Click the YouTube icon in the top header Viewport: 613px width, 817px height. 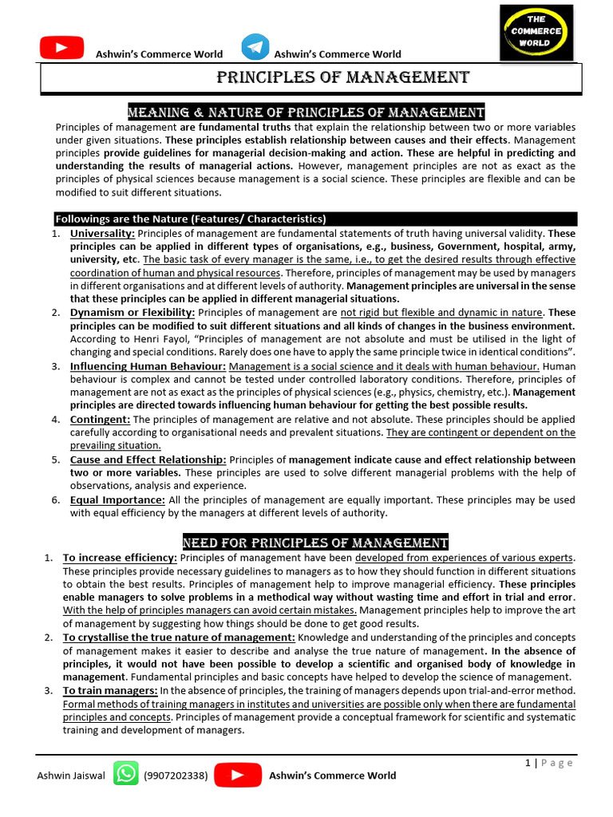pos(61,49)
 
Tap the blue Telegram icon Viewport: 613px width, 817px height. pos(255,47)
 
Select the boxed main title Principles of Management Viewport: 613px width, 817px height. pos(343,77)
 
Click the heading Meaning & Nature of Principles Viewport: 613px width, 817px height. pos(306,112)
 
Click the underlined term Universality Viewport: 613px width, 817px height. pos(103,233)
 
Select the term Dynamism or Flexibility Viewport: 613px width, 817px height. pos(132,312)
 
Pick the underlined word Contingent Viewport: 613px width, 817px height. pos(100,419)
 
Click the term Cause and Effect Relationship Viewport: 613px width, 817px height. pos(148,460)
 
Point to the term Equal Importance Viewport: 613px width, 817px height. pos(117,499)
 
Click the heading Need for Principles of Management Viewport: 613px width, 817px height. pos(315,543)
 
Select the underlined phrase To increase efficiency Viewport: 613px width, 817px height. pos(120,558)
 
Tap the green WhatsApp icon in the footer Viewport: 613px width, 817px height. pos(125,774)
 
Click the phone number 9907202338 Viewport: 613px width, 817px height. pos(176,776)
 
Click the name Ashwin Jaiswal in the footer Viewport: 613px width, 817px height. pos(71,776)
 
